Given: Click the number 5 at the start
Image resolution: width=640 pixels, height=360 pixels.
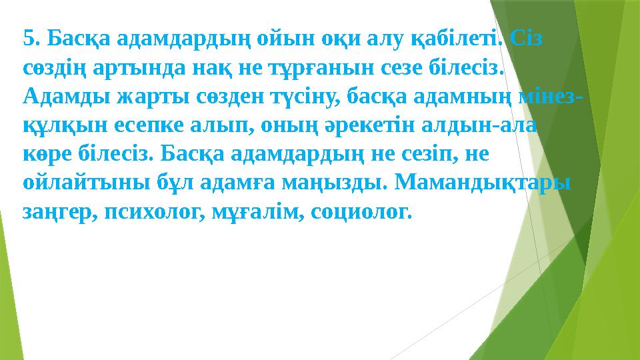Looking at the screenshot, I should (x=27, y=39).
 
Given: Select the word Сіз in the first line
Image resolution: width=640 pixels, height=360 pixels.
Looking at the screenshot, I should (x=526, y=39).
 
